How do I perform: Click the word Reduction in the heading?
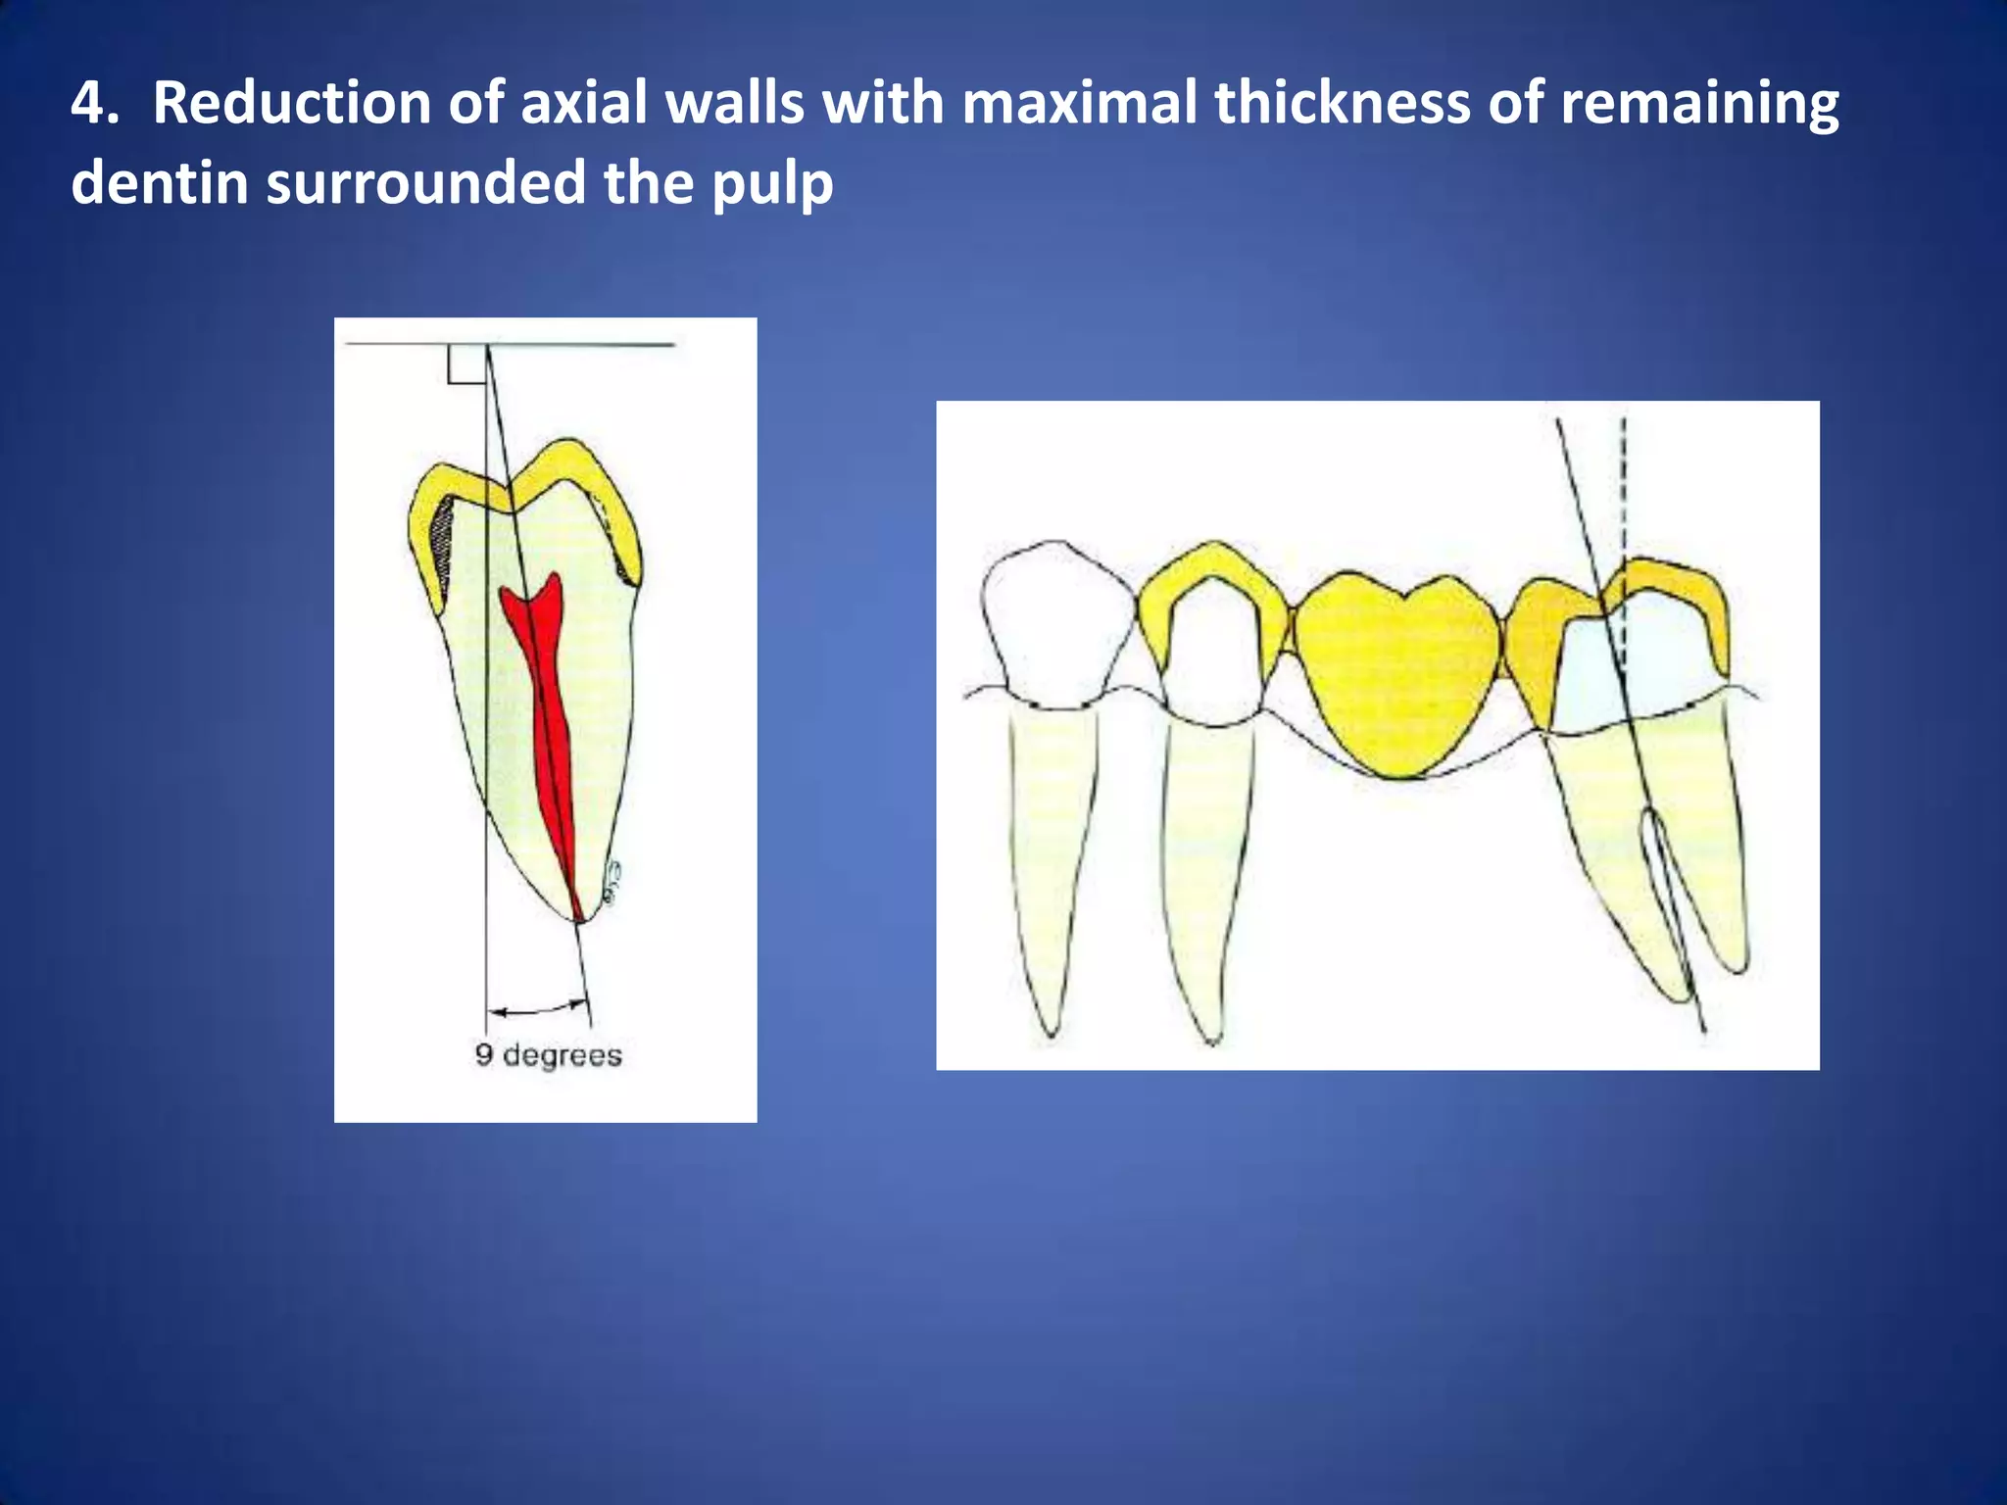291,103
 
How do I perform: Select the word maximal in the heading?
1079,103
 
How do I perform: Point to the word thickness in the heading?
1342,103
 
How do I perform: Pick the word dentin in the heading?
158,183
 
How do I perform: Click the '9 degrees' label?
548,1055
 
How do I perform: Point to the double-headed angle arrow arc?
538,1008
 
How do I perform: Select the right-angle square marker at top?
466,364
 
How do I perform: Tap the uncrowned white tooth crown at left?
1055,622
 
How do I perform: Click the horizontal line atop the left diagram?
588,345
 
